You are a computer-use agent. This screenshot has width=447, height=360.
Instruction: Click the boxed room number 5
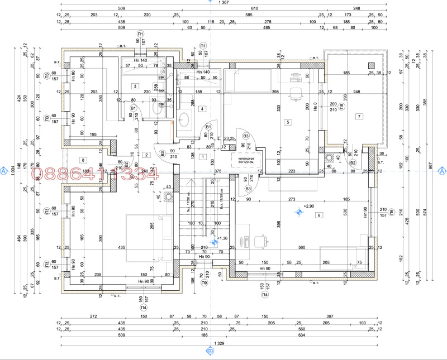[288, 122]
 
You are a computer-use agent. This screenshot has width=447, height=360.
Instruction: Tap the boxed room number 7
[359, 116]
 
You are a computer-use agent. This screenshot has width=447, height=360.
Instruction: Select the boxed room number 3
[135, 86]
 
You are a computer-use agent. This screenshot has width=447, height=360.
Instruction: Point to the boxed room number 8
[83, 160]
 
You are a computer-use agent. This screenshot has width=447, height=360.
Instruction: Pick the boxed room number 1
[202, 157]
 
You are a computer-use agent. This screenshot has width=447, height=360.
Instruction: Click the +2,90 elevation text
[310, 206]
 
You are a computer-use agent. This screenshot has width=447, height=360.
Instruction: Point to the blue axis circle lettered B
[210, 352]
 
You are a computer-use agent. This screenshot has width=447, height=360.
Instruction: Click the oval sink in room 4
[185, 119]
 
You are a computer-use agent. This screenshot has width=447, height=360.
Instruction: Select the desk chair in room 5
[296, 90]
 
